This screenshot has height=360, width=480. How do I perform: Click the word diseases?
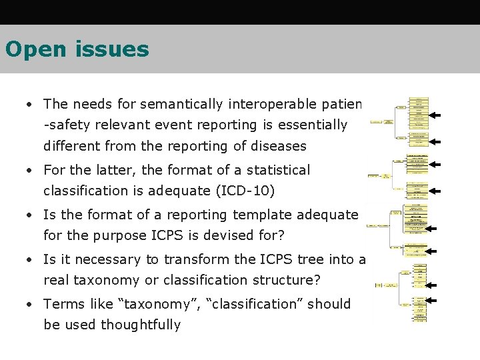coord(275,145)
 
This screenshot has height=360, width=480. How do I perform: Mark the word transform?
coord(187,259)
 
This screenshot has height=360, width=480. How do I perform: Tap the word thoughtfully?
coord(141,325)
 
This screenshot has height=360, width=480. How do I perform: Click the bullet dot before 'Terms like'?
coord(30,305)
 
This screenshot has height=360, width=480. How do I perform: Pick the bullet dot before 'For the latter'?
coord(30,171)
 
